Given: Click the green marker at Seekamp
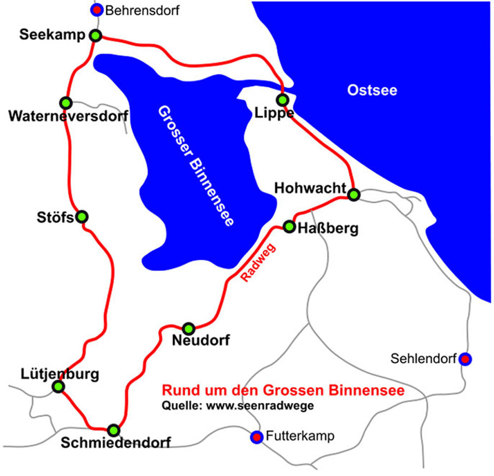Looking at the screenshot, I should pos(96,36).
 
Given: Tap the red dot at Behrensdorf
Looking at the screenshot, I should pos(98,10).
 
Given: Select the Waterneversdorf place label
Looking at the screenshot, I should pos(68,117).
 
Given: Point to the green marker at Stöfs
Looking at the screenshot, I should pos(82,216).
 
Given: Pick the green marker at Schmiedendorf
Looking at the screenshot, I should pos(114,430).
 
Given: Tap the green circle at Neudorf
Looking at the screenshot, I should pos(189,328).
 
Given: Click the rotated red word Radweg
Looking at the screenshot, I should pos(258,263).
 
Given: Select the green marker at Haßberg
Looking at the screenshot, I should pos(289,227).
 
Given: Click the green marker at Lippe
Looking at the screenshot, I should pos(283,100).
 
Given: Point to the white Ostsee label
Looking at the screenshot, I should pos(372,90).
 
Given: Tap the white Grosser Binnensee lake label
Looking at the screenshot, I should pos(195,165).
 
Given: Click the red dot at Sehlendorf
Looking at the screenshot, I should pos(464,359).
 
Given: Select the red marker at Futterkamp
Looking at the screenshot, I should pos(256,437).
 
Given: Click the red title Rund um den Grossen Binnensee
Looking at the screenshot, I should pos(284,391).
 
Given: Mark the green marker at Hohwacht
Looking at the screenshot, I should pos(353,195).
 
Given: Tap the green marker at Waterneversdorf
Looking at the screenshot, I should pos(66,103).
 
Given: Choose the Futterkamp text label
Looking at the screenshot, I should pos(300,436).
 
